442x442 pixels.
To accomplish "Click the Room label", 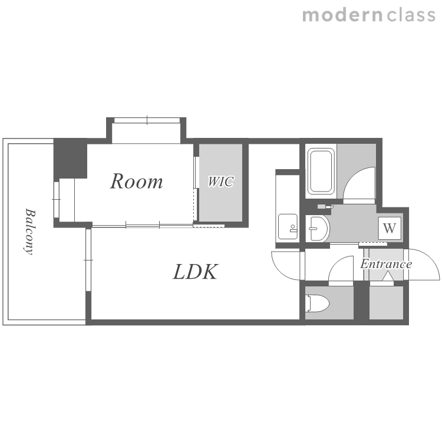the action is click(137, 181).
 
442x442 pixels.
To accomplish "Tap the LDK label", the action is click(195, 272).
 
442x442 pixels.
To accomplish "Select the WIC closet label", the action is click(221, 182).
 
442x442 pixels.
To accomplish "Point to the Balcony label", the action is click(29, 232).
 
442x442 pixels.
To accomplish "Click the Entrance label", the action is click(386, 264).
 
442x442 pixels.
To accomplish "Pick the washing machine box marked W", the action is click(390, 228).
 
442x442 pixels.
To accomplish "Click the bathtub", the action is click(321, 171).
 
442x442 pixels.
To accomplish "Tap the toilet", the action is click(318, 304).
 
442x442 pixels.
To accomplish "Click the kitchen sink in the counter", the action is click(288, 227).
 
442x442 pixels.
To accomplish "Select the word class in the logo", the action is click(411, 15).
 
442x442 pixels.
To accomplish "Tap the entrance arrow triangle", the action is click(388, 276).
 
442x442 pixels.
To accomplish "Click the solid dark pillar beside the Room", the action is click(70, 158).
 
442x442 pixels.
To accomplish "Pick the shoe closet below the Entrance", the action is click(386, 303).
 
